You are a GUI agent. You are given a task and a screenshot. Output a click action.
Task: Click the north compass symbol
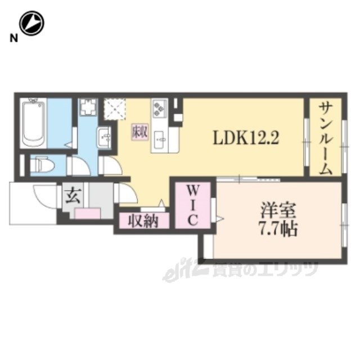point(31,23)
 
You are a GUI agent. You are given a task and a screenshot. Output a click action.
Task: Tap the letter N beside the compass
point(13,38)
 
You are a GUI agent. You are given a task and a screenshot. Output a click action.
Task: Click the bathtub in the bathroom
point(33,123)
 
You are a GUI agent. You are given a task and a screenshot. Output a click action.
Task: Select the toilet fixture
point(43,164)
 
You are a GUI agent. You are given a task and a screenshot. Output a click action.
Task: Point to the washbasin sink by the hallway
point(105,137)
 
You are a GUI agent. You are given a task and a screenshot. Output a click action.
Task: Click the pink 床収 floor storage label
point(139,132)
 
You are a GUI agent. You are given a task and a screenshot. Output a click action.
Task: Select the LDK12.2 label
point(246,138)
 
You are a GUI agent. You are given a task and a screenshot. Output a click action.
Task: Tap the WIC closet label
point(192,205)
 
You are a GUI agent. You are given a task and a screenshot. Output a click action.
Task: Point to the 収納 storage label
point(143,221)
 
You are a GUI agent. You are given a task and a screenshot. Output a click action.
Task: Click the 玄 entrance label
point(73,196)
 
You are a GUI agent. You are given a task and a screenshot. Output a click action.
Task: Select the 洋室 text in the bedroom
point(277,210)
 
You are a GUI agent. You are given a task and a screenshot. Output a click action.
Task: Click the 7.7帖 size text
point(278,229)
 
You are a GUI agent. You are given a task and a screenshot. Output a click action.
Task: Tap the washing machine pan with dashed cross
point(115,109)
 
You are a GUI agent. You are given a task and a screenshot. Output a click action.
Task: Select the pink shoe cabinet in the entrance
point(88,213)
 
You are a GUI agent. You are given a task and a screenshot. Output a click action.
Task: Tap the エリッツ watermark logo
point(240,272)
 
